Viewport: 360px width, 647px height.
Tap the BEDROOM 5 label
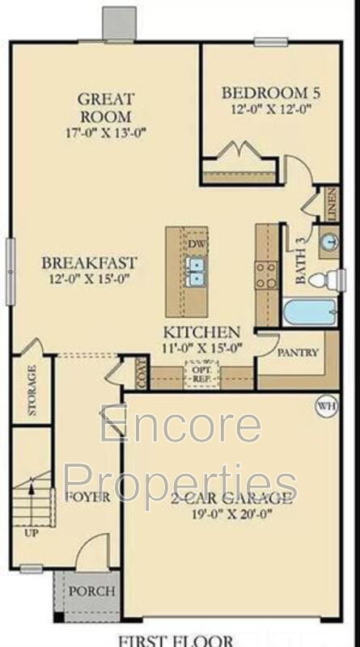266,92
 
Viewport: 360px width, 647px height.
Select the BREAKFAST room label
90,263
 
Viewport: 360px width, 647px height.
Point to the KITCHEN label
201,332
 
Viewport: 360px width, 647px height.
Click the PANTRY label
298,353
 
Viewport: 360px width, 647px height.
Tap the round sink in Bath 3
328,242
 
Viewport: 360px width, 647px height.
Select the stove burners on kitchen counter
266,275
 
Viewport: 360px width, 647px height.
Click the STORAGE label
32,391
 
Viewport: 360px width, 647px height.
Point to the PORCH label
91,591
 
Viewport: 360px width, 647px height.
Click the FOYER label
87,497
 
